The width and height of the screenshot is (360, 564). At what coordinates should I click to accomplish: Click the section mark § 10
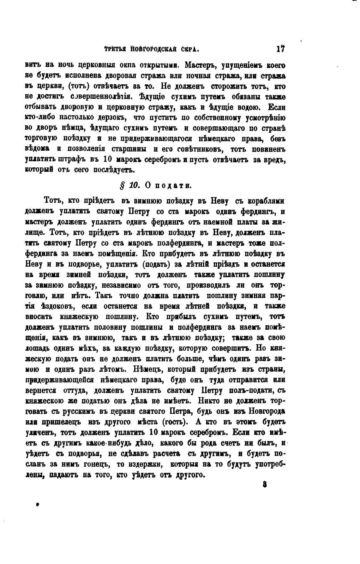point(130,185)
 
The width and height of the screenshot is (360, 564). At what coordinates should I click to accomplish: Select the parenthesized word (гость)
point(175,422)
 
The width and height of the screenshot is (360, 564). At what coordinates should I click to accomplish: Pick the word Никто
point(211,401)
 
